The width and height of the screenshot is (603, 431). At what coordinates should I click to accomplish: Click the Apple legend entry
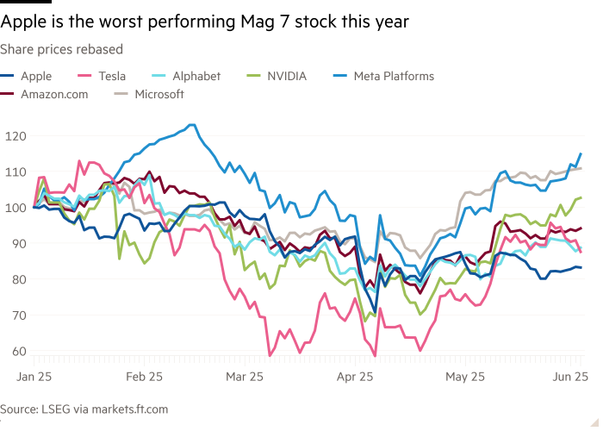click(34, 76)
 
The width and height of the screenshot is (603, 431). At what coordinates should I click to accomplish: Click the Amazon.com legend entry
click(53, 94)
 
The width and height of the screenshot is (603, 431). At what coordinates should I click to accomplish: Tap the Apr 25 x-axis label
click(355, 377)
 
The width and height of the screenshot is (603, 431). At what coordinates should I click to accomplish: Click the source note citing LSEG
click(84, 409)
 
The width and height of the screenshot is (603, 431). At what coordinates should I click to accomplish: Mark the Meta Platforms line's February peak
click(191, 125)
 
